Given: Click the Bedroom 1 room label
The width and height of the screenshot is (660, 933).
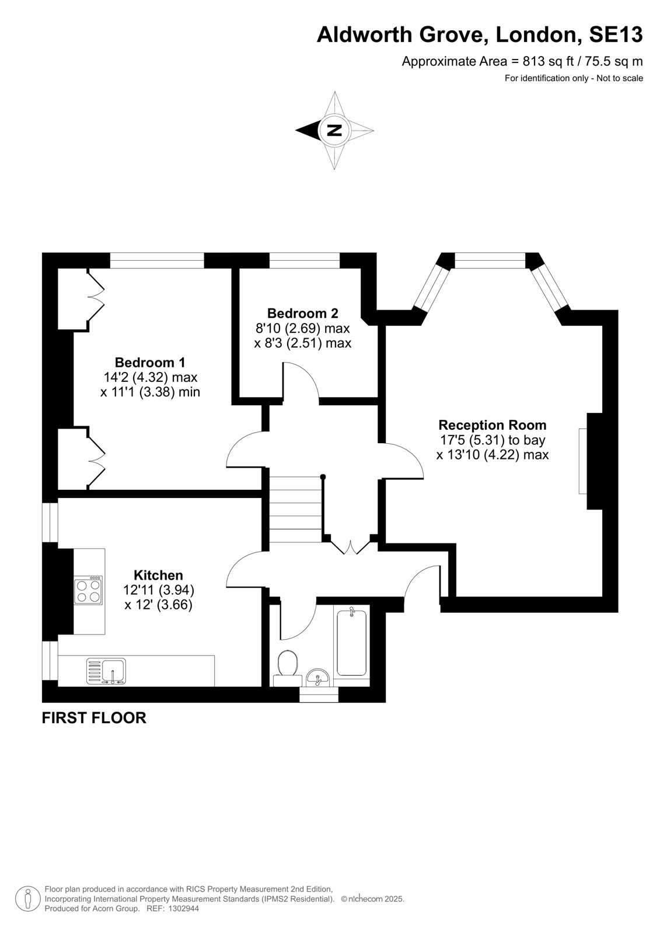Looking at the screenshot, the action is click(x=150, y=362).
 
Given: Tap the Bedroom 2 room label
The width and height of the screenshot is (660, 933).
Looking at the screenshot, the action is click(x=303, y=313).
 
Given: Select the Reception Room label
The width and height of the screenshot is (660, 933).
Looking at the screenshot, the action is click(x=493, y=425).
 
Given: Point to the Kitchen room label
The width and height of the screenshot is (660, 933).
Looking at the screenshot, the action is click(x=158, y=575).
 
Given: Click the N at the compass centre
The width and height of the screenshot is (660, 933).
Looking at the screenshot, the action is click(x=334, y=130).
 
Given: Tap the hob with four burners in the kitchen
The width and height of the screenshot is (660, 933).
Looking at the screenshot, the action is click(x=89, y=590).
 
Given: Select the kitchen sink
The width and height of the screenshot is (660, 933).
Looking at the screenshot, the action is click(x=106, y=671).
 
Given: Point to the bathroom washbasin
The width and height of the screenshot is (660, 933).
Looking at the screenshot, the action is click(x=317, y=677).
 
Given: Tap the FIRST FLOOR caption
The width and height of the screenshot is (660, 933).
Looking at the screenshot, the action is click(x=94, y=718).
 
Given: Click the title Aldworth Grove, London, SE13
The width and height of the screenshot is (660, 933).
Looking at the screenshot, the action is click(x=480, y=34).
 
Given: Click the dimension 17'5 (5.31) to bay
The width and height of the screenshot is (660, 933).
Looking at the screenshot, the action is click(x=493, y=440).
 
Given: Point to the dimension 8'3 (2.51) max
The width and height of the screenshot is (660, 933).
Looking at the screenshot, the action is click(x=303, y=343).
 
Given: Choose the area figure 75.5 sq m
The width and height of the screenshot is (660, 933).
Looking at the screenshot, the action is click(x=614, y=62).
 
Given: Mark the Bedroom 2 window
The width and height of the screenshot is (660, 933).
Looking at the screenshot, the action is click(x=305, y=260).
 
